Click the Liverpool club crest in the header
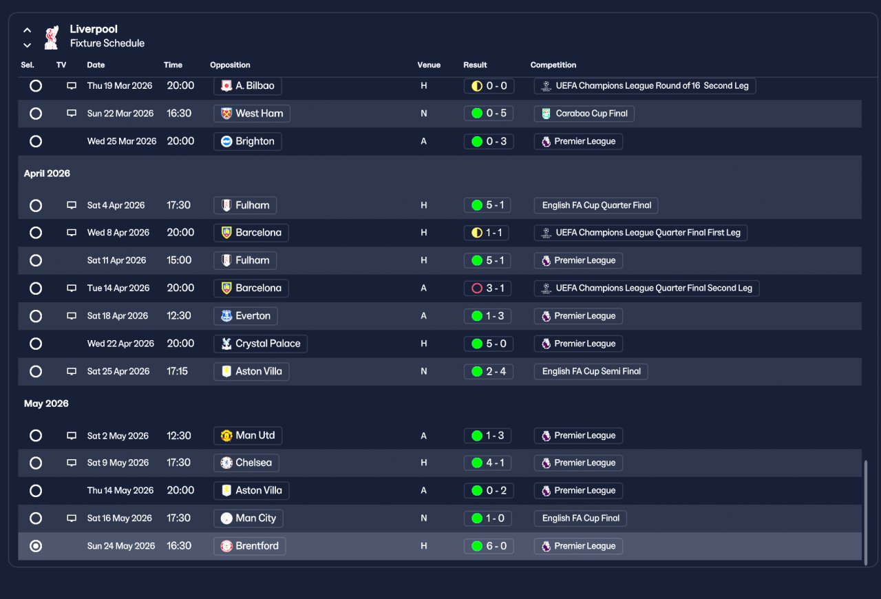coord(52,37)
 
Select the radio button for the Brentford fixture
coord(36,546)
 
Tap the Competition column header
coord(553,65)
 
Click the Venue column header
coord(429,65)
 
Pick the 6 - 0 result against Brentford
coord(489,546)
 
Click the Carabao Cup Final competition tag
coord(584,114)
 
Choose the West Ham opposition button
coord(252,114)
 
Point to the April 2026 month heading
coord(47,174)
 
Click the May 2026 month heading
coord(46,403)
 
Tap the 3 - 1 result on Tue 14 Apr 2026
coord(488,288)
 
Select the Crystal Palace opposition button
coord(260,344)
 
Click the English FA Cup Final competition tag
coord(580,518)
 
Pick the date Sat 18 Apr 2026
coord(118,316)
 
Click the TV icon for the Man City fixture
coord(72,518)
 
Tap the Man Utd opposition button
coord(248,435)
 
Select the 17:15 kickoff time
coord(177,371)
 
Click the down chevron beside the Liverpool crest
coord(27,45)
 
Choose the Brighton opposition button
coord(247,141)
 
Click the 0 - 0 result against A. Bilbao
coord(489,86)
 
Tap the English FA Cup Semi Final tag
coord(591,371)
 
